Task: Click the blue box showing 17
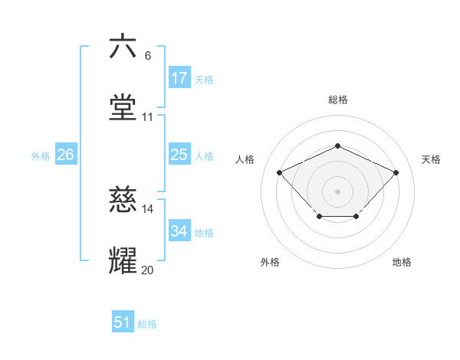[x=179, y=78]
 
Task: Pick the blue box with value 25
[x=179, y=155]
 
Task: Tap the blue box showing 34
[x=179, y=231]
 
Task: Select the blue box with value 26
[x=65, y=155]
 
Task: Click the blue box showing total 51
[x=123, y=322]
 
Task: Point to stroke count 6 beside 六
[x=148, y=56]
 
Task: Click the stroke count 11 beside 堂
[x=148, y=117]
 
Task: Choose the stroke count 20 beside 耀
[x=148, y=270]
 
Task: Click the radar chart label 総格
[x=338, y=100]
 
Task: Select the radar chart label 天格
[x=431, y=159]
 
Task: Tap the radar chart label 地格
[x=402, y=262]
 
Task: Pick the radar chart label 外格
[x=270, y=262]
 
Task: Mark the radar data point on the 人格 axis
[x=280, y=172]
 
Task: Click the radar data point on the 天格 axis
[x=396, y=172]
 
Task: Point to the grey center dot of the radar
[x=337, y=191]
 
